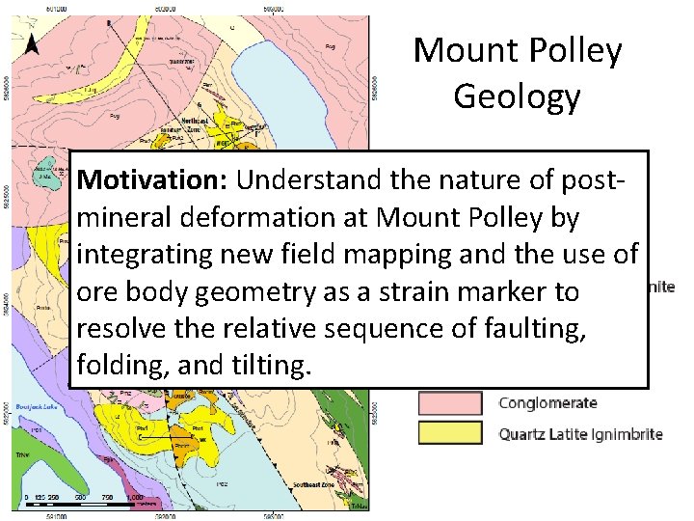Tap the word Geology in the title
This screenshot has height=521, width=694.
[x=517, y=96]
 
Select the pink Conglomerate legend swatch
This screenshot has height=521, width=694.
[x=449, y=403]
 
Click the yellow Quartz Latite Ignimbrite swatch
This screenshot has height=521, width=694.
[x=449, y=433]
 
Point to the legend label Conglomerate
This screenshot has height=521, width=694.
[x=547, y=403]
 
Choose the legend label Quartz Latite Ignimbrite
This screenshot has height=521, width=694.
[x=580, y=434]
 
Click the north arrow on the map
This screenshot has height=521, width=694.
[x=32, y=43]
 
